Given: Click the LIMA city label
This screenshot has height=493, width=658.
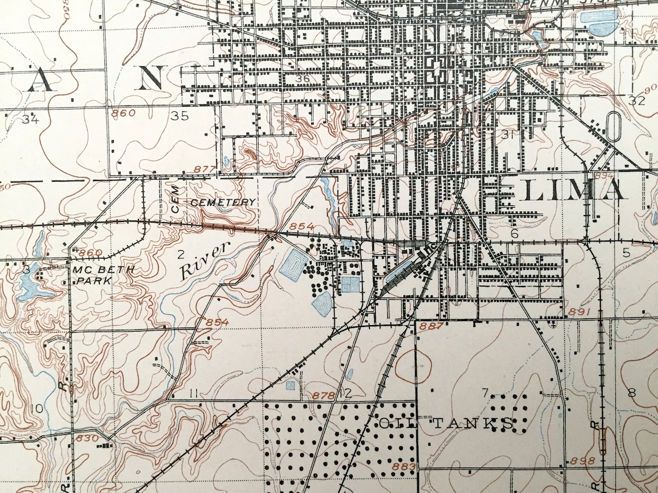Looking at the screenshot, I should pyautogui.click(x=573, y=190).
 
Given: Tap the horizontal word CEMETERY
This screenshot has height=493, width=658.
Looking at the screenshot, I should pyautogui.click(x=223, y=202).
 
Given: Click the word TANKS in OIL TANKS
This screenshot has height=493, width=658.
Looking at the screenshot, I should pyautogui.click(x=472, y=424).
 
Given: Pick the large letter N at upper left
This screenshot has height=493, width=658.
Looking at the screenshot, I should pyautogui.click(x=151, y=77).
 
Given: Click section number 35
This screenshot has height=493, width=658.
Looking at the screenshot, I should pyautogui.click(x=180, y=116).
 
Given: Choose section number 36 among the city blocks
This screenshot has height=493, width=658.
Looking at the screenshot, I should pyautogui.click(x=302, y=79).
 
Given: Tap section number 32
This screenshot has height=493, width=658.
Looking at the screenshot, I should pyautogui.click(x=636, y=101).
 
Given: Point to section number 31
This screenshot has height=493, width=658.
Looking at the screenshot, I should pyautogui.click(x=508, y=134).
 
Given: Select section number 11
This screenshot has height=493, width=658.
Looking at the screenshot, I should pyautogui.click(x=193, y=393).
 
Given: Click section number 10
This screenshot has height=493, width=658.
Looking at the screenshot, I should pyautogui.click(x=37, y=409).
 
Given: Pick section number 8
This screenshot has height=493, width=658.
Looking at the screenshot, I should pyautogui.click(x=631, y=393).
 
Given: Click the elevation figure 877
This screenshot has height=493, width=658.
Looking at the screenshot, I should pyautogui.click(x=205, y=169).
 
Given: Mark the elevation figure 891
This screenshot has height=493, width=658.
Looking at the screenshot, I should pyautogui.click(x=581, y=311).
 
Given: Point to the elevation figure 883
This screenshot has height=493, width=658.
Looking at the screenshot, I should pyautogui.click(x=403, y=466).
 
